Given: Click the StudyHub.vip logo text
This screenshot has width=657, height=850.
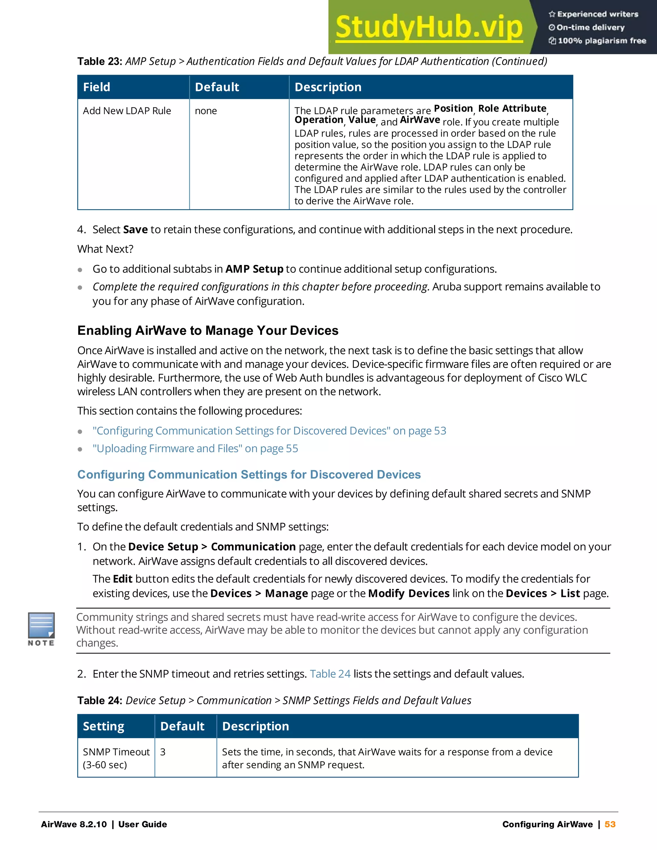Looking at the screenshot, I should pos(429,27).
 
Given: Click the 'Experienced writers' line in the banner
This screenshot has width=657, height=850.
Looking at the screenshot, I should pos(593,14).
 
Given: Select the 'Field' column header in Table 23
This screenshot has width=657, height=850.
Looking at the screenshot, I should pos(97,87).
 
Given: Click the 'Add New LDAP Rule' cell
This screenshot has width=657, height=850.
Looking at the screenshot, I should pos(127,111).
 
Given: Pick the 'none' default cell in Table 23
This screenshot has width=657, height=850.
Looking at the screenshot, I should pos(206,111).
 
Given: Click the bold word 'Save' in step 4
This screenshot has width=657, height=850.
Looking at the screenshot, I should pos(135,230).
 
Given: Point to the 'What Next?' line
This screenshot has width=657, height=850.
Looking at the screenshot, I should pos(106,249).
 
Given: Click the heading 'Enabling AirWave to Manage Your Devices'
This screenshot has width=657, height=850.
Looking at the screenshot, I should pos(208,330).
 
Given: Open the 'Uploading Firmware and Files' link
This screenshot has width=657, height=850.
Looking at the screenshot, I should pos(195,448).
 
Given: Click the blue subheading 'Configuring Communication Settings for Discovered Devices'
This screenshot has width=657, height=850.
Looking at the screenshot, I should pos(249,474).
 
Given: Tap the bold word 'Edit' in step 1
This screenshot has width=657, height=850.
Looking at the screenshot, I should pos(123,579).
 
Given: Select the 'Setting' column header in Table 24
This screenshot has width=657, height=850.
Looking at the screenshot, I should pos(104,726).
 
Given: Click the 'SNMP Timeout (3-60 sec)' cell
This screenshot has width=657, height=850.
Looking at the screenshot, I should pos(116,758).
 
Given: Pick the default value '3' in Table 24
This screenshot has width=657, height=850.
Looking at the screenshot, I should pos(163,752).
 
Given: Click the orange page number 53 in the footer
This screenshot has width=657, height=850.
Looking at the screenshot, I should pos(610,824).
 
